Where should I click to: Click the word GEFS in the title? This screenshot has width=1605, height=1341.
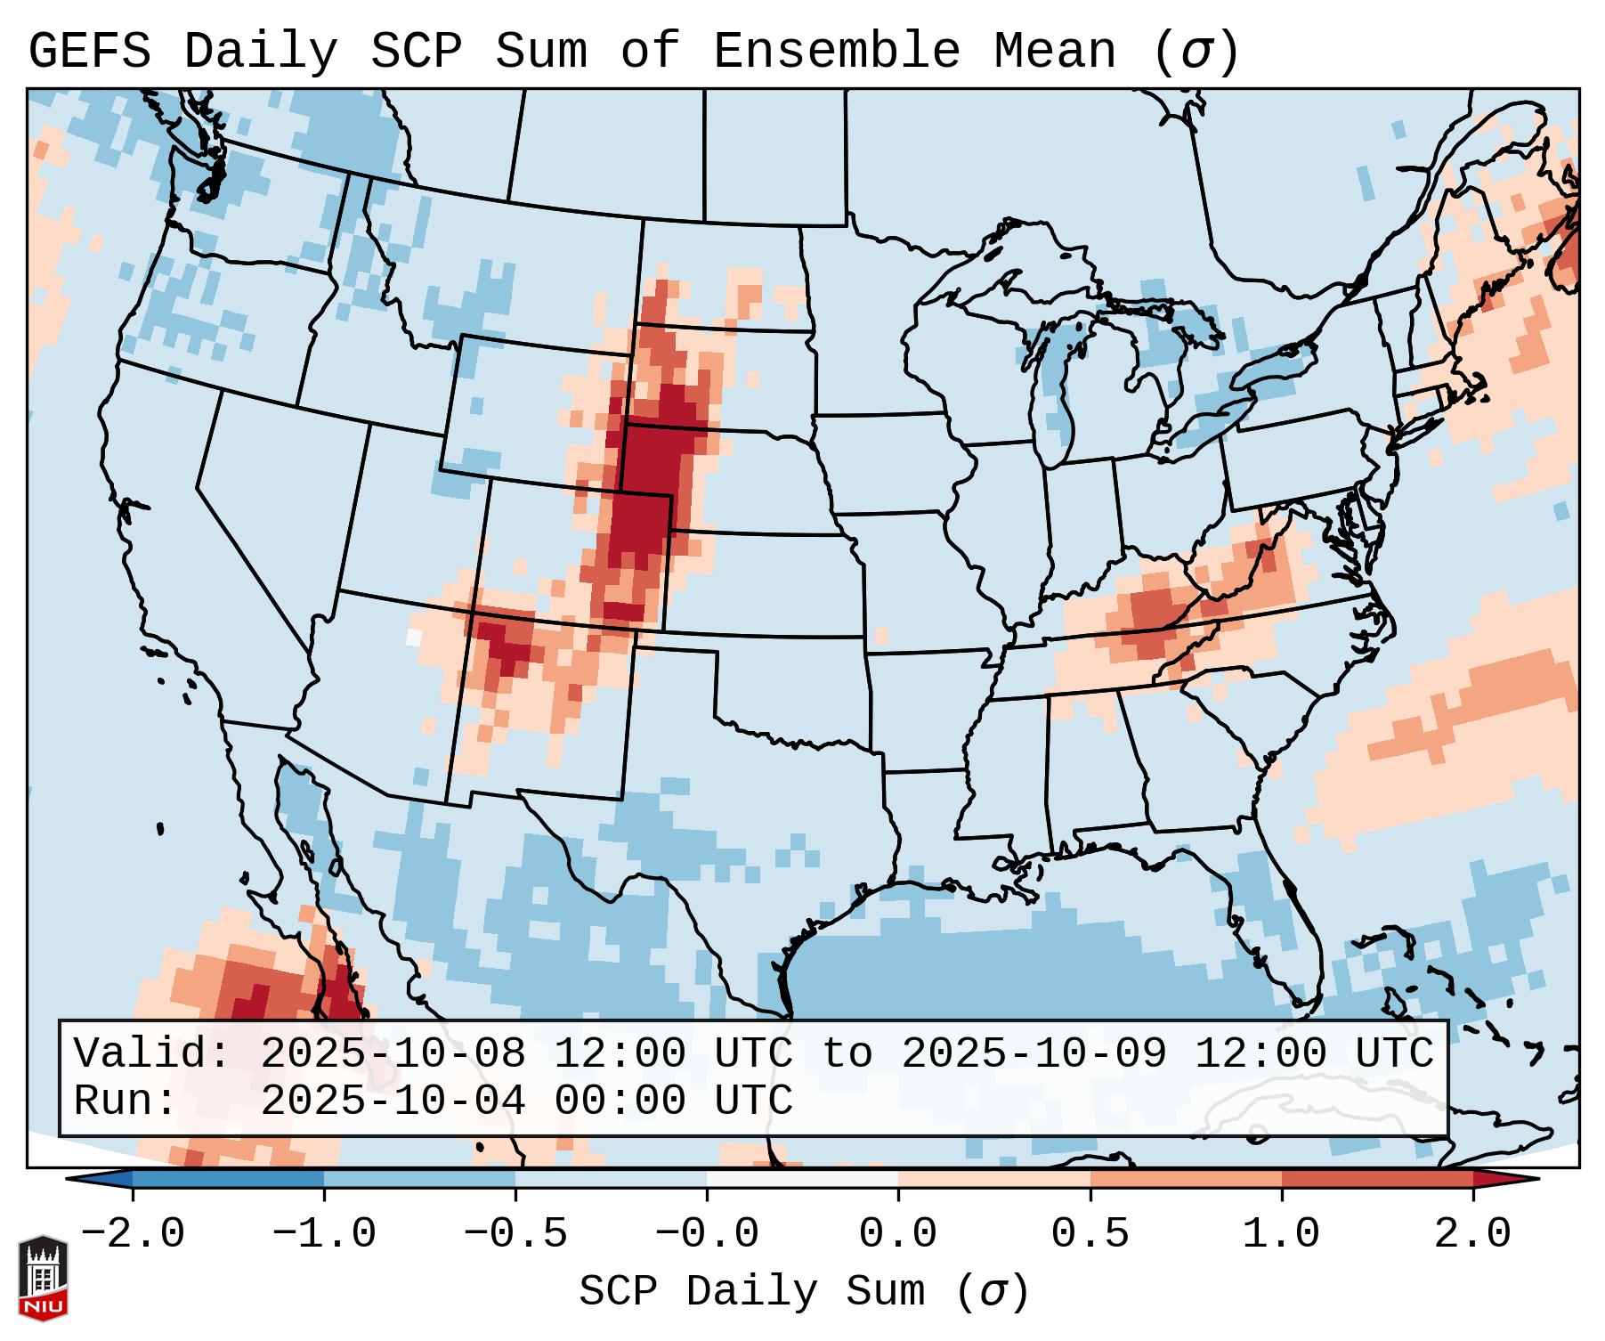pyautogui.click(x=90, y=51)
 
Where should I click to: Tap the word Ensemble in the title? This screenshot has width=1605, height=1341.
pyautogui.click(x=836, y=51)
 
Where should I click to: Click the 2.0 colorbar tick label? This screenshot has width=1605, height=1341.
pyautogui.click(x=1472, y=1234)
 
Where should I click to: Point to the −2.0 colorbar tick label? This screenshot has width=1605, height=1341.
pyautogui.click(x=133, y=1234)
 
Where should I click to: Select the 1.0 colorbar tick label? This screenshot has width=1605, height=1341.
pyautogui.click(x=1281, y=1234)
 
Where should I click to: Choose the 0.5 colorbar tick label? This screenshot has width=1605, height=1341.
pyautogui.click(x=1090, y=1234)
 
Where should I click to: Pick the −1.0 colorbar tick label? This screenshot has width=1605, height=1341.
pyautogui.click(x=324, y=1234)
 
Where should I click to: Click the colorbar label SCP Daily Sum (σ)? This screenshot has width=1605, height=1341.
pyautogui.click(x=804, y=1291)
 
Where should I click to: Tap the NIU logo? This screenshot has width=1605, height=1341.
pyautogui.click(x=43, y=1278)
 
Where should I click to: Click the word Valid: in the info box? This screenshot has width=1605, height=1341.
pyautogui.click(x=152, y=1053)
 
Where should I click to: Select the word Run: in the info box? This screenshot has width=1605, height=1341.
pyautogui.click(x=126, y=1101)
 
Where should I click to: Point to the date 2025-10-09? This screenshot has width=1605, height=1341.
pyautogui.click(x=1034, y=1053)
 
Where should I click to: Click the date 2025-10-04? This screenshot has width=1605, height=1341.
pyautogui.click(x=393, y=1101)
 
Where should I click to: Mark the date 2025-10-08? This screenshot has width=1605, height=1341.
pyautogui.click(x=393, y=1053)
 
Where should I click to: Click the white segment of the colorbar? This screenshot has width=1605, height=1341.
pyautogui.click(x=802, y=1179)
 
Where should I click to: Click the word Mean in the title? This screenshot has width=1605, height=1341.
pyautogui.click(x=1054, y=51)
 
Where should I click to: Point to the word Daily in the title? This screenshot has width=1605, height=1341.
pyautogui.click(x=261, y=51)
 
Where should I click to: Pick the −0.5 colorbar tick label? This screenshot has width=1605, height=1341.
pyautogui.click(x=515, y=1234)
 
